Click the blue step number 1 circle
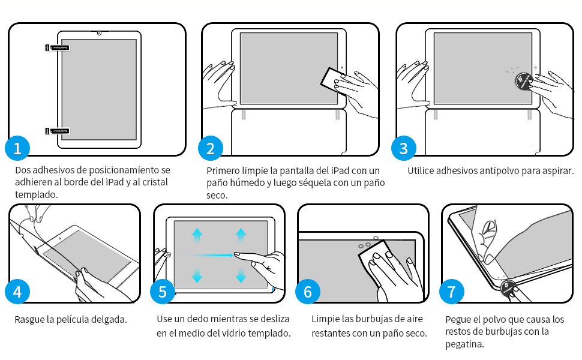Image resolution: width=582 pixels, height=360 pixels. click(17, 148)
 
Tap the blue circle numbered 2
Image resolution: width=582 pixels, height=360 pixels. click(211, 148)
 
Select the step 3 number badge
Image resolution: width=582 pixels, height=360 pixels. click(404, 148)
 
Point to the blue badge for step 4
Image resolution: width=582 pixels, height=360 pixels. click(17, 292)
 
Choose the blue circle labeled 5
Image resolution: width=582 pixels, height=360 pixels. click(163, 292)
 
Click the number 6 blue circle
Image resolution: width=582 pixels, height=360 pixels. click(308, 292)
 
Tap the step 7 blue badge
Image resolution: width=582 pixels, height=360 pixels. click(452, 292)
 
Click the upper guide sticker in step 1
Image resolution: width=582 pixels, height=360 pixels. click(57, 47)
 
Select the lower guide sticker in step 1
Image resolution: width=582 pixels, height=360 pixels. click(57, 131)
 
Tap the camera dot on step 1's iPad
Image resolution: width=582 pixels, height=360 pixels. click(99, 34)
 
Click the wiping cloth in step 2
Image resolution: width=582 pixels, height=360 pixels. click(334, 82)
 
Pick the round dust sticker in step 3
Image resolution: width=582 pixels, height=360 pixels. click(524, 81)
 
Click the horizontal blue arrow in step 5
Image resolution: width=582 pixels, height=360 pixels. click(211, 256)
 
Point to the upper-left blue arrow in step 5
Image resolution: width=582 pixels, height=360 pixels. click(197, 236)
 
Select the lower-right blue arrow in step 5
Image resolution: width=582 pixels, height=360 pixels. click(241, 275)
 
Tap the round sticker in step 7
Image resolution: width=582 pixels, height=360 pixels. click(508, 288)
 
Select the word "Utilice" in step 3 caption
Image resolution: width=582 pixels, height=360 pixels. click(421, 171)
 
